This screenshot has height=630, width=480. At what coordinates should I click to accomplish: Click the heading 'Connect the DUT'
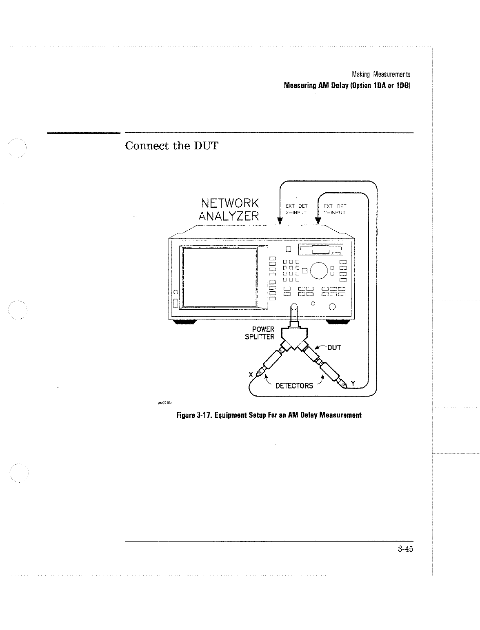(x=171, y=146)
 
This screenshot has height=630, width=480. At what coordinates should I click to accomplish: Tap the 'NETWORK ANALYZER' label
(x=230, y=209)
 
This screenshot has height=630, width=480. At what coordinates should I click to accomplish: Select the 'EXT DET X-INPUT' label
(x=296, y=209)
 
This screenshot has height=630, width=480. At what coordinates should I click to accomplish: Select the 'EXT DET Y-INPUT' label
(x=334, y=209)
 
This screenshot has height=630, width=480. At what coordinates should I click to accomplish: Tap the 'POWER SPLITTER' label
(x=260, y=333)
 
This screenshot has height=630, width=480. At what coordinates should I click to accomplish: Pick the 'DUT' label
(x=334, y=348)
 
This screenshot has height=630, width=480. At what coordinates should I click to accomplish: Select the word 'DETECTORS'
(x=294, y=386)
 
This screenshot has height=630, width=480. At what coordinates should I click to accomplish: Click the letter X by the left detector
(x=251, y=375)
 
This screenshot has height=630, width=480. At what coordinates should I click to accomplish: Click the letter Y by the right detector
(x=353, y=383)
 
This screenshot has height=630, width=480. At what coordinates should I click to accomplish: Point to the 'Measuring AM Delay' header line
(x=347, y=86)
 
